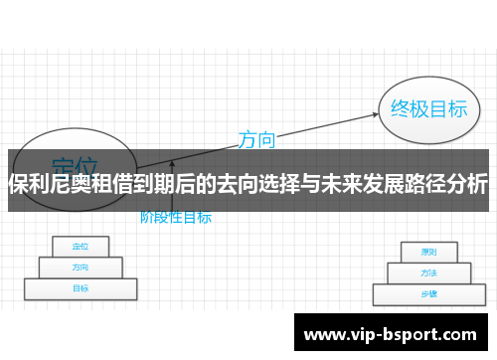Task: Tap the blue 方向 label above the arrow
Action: [255, 139]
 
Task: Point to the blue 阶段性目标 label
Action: [175, 216]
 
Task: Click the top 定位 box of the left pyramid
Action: [79, 246]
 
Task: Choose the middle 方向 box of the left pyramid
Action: [79, 267]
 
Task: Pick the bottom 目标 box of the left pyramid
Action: [79, 288]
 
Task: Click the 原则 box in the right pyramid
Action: [428, 252]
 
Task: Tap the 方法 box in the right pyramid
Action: [428, 272]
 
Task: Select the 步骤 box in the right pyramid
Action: [428, 294]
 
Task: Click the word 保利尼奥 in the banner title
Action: [50, 184]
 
